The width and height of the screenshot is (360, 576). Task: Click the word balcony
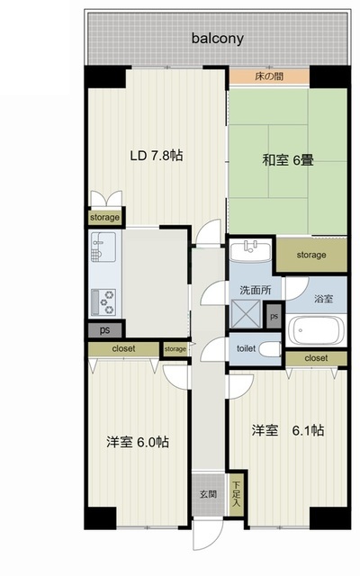coord(218,39)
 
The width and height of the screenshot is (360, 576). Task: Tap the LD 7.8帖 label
coord(157,156)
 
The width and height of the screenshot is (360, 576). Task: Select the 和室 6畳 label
coord(288,160)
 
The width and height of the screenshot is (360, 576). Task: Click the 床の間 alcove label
coord(269,76)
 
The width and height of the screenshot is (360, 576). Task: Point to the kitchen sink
coord(103,247)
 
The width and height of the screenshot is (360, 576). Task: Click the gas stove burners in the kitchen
coord(103,302)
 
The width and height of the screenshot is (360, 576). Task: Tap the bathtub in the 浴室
coord(316,330)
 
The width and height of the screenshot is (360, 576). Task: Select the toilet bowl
coord(270,349)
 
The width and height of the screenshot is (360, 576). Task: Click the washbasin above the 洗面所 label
coord(250,250)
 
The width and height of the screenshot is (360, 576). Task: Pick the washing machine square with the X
coord(246,314)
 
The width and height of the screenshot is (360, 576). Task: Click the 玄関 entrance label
coord(208,494)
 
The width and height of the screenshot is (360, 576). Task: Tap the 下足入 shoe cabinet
coord(236,494)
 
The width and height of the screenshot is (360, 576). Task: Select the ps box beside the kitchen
coord(105,330)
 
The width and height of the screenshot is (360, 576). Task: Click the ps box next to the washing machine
coord(274,316)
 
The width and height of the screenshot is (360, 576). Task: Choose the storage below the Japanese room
coord(311,255)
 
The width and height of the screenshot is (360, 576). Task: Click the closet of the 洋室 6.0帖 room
coord(124,348)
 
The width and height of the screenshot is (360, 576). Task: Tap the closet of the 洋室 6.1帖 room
coord(316,358)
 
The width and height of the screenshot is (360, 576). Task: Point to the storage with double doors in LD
coord(105,217)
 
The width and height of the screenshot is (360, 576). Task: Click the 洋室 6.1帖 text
coord(288,430)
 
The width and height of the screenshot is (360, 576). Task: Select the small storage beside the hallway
coord(175,349)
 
